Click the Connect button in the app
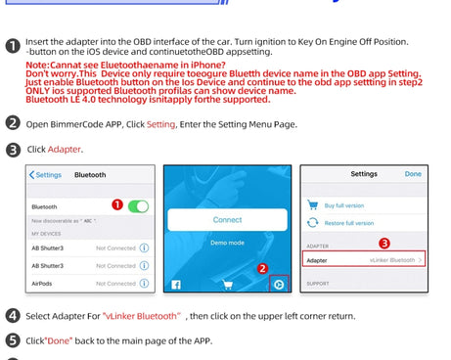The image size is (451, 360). (x=227, y=220)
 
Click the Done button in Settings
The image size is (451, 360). (x=413, y=174)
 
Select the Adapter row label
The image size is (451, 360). (x=317, y=260)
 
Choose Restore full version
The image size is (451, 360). (x=349, y=223)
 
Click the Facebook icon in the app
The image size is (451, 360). (x=176, y=285)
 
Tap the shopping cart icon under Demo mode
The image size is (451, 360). (x=227, y=285)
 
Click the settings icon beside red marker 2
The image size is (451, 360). (x=279, y=285)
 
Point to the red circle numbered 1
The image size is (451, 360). (x=117, y=205)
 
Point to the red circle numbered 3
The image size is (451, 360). (x=384, y=242)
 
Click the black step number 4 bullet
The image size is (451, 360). (x=13, y=316)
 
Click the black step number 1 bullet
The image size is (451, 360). (x=13, y=45)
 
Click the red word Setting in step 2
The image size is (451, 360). (x=160, y=124)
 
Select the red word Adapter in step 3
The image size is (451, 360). (x=66, y=149)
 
